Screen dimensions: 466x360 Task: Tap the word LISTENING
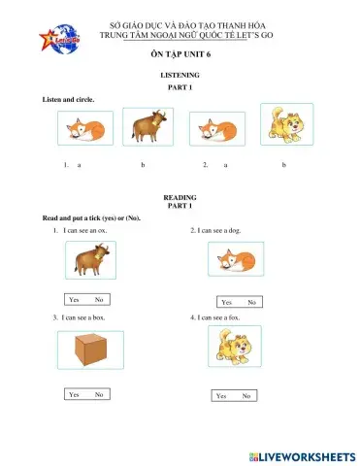point(180,75)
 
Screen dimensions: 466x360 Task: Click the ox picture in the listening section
point(147,128)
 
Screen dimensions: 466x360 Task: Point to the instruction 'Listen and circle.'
point(67,100)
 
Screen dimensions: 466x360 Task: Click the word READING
point(180,197)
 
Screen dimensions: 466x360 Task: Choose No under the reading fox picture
point(251,302)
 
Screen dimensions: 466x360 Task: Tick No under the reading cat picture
point(246,396)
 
